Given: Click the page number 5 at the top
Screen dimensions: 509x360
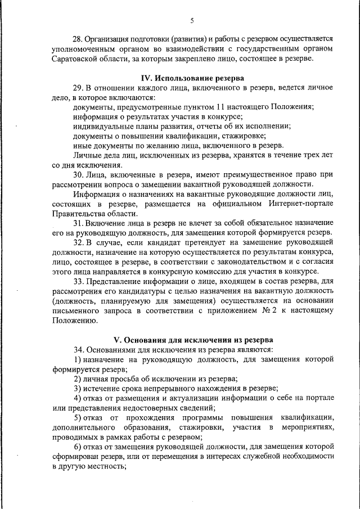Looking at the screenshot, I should pos(191,21).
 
